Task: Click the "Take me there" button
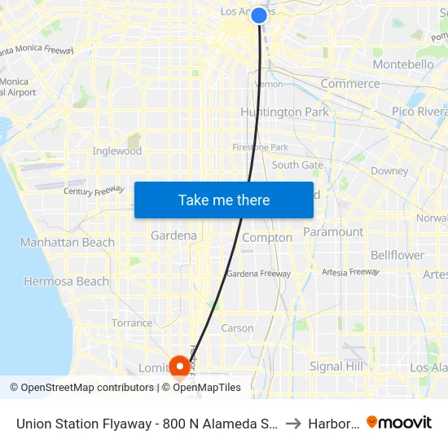[224, 200]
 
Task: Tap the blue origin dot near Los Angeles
[259, 15]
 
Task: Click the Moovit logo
[399, 422]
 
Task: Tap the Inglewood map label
[117, 151]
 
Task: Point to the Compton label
[267, 238]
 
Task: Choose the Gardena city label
[173, 235]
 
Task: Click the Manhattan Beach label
[68, 242]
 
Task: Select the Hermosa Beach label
[66, 281]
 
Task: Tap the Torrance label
[132, 323]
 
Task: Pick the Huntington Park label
[284, 112]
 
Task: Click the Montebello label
[403, 64]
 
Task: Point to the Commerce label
[350, 83]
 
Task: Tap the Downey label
[389, 171]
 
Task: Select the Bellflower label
[397, 255]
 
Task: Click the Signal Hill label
[336, 367]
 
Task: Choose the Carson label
[238, 328]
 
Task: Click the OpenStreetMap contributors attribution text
[81, 388]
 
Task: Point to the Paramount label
[333, 231]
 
